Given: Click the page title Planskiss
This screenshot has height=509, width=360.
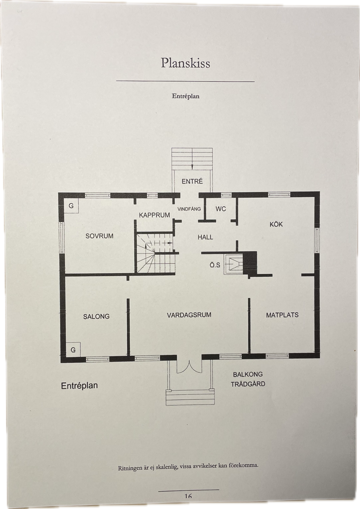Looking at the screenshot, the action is pos(185,63).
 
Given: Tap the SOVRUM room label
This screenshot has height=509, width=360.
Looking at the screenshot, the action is pos(99,236).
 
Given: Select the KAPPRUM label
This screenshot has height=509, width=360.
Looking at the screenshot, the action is pos(155,215).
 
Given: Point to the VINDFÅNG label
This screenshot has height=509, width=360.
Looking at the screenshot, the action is pos(189,209).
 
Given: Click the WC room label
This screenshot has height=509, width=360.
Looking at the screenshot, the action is pos(221,209).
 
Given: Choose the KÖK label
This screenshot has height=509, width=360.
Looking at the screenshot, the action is pos(276,224).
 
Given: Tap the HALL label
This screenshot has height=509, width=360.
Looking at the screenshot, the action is pos(205,237).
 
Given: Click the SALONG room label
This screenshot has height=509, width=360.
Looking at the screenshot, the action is pos(96,316).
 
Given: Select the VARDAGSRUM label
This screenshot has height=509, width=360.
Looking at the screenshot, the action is pos(189,315).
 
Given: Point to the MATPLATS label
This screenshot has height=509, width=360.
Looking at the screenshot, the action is pos(282,315).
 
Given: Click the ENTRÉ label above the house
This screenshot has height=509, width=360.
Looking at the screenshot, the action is pos(192,181).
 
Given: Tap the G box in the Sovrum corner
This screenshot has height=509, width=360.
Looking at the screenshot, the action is pos(71,206).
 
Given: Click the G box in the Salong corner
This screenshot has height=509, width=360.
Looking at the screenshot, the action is pos(73,350).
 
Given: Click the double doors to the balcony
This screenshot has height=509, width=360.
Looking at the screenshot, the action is pos(189,367).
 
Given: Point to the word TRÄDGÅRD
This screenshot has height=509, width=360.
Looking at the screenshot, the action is pos(248,384).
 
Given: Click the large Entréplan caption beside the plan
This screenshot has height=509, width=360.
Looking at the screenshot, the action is pos(79,386).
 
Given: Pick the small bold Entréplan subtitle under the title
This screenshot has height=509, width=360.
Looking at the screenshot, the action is pos(185,96).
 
